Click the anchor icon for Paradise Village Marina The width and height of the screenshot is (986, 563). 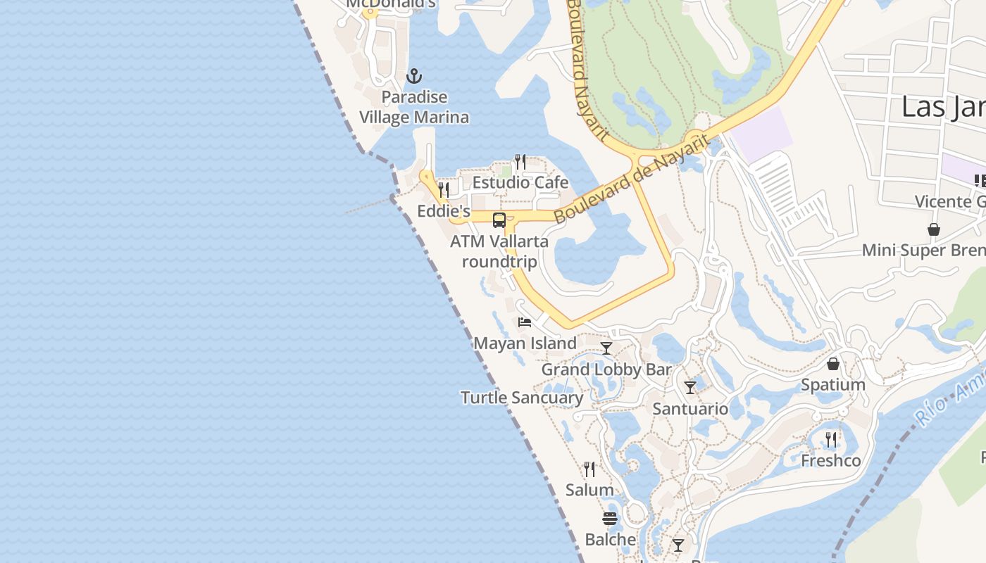coord(415,76)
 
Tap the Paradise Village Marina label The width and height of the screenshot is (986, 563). coord(414,107)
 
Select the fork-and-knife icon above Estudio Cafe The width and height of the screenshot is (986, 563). coord(520,162)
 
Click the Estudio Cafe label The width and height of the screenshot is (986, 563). coord(520,182)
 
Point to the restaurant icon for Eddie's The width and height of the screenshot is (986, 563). coord(444,189)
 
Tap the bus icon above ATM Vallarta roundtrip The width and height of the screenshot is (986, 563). coord(499,220)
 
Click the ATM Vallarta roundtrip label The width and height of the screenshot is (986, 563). coord(499,251)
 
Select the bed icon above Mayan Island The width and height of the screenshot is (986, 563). coord(525,322)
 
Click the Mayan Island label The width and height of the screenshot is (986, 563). coord(525,343)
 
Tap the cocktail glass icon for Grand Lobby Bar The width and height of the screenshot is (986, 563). coord(606,348)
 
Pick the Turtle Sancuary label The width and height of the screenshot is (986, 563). coord(522,398)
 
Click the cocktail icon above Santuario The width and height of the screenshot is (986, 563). coord(690,388)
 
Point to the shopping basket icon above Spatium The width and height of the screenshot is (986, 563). coord(833,364)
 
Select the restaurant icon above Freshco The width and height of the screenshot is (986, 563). coord(831,440)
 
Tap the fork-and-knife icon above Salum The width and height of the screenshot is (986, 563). coord(589,469)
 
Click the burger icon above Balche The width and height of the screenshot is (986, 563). coord(610,519)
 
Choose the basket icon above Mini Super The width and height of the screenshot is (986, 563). coord(934,229)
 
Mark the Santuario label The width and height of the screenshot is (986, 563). coord(690,409)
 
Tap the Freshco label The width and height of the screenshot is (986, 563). coord(831,461)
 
